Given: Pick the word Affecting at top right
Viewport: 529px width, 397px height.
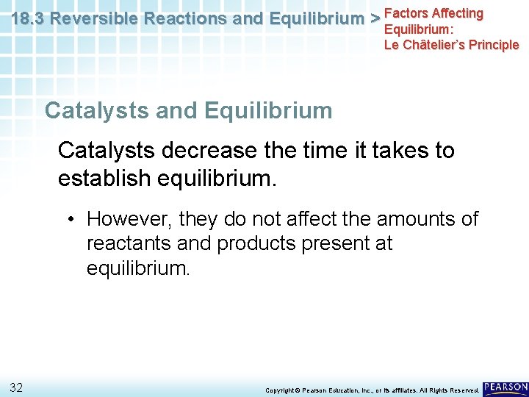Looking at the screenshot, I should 458,13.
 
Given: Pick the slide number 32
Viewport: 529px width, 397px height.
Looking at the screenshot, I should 16,387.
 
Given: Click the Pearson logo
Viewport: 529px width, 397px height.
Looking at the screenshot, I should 505,387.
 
